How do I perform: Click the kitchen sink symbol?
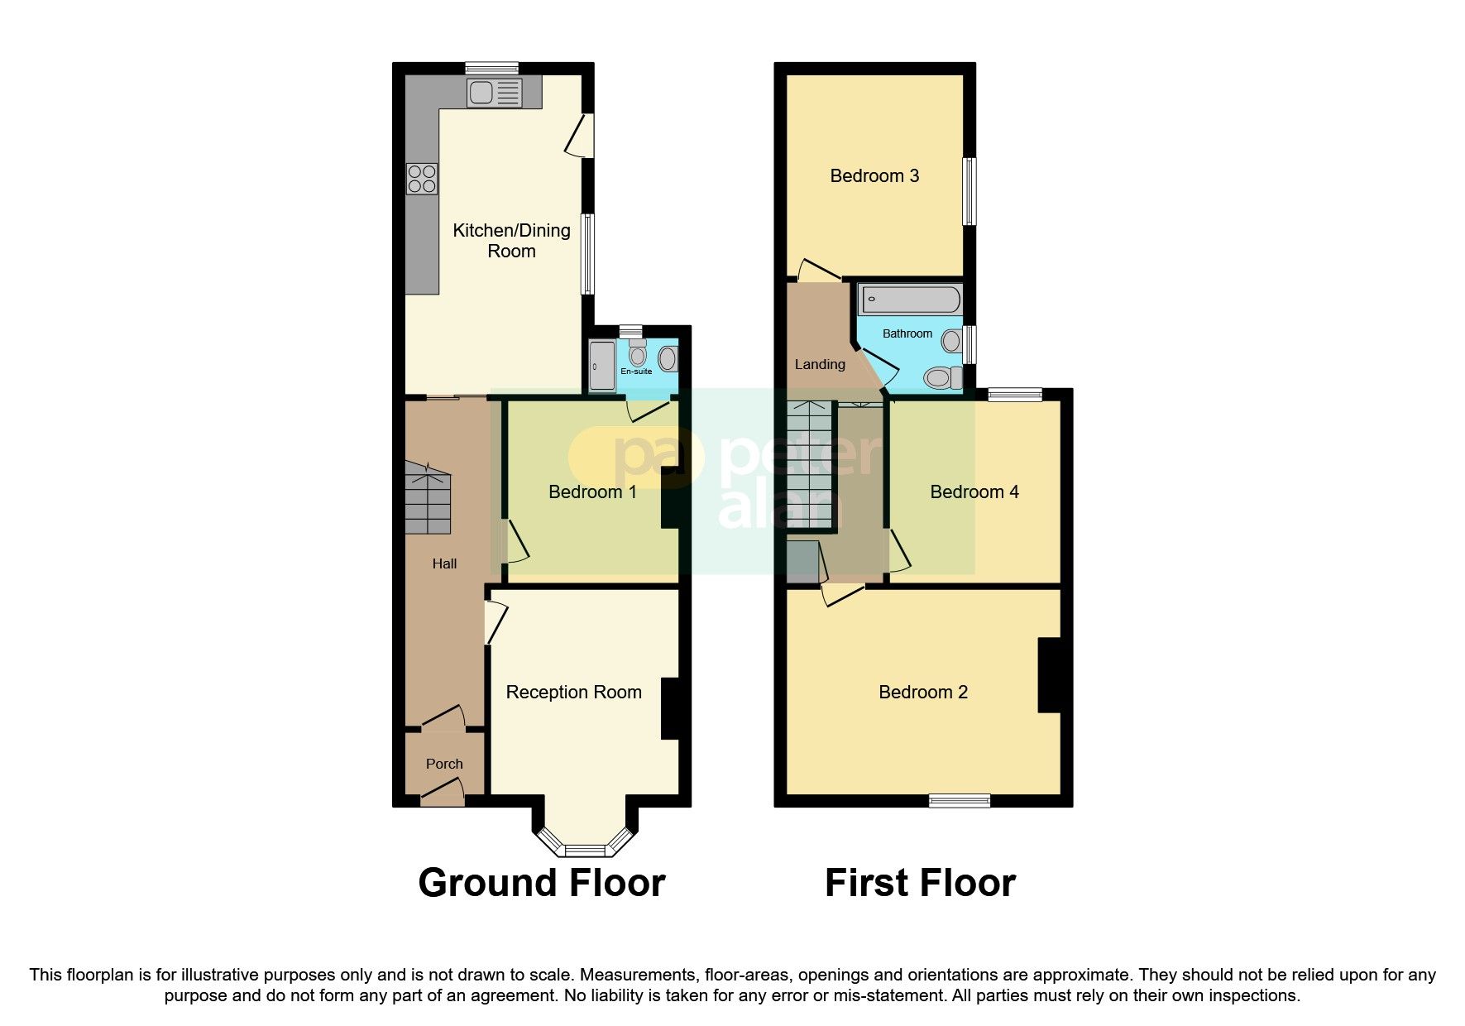tap(494, 92)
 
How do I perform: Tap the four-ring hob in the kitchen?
tap(421, 179)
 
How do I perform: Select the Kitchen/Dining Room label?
tap(511, 241)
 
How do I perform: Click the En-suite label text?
tap(636, 372)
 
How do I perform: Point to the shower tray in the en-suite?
tap(602, 366)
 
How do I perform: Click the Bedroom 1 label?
tap(592, 492)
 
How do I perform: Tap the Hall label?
tap(444, 563)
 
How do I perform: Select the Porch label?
tap(444, 764)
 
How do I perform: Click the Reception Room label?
tap(573, 693)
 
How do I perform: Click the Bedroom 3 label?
tap(874, 175)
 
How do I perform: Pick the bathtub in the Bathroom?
tap(910, 300)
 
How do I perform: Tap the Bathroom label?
tap(907, 333)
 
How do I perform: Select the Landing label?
tap(820, 364)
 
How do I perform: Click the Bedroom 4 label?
tap(974, 492)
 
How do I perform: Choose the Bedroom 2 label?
tap(923, 693)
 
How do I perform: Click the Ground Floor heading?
tap(542, 883)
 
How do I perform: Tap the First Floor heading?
tap(920, 883)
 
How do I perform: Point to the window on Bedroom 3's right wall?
tap(969, 191)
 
